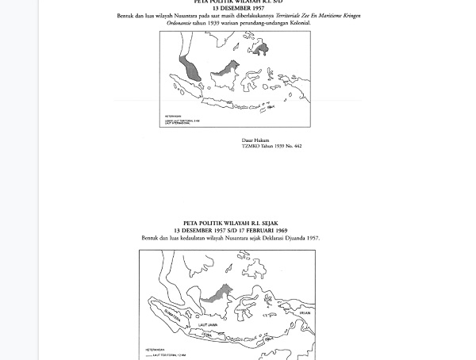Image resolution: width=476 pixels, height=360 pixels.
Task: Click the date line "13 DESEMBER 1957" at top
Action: [x=238, y=8]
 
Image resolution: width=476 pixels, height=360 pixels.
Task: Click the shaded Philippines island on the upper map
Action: [x=260, y=49]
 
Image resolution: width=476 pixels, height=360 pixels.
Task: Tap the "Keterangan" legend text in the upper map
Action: [x=172, y=116]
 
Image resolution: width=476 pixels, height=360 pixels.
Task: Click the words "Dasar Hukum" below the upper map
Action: [x=255, y=140]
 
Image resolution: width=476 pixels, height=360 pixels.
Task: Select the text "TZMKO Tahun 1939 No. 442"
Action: [x=271, y=146]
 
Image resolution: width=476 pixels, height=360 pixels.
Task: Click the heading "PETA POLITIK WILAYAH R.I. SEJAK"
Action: [x=231, y=224]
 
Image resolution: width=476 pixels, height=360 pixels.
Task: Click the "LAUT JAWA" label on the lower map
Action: [x=208, y=325]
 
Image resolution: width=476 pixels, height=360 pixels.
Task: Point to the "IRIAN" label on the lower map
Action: [x=305, y=313]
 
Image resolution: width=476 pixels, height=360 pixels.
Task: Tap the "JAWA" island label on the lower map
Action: [x=206, y=335]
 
